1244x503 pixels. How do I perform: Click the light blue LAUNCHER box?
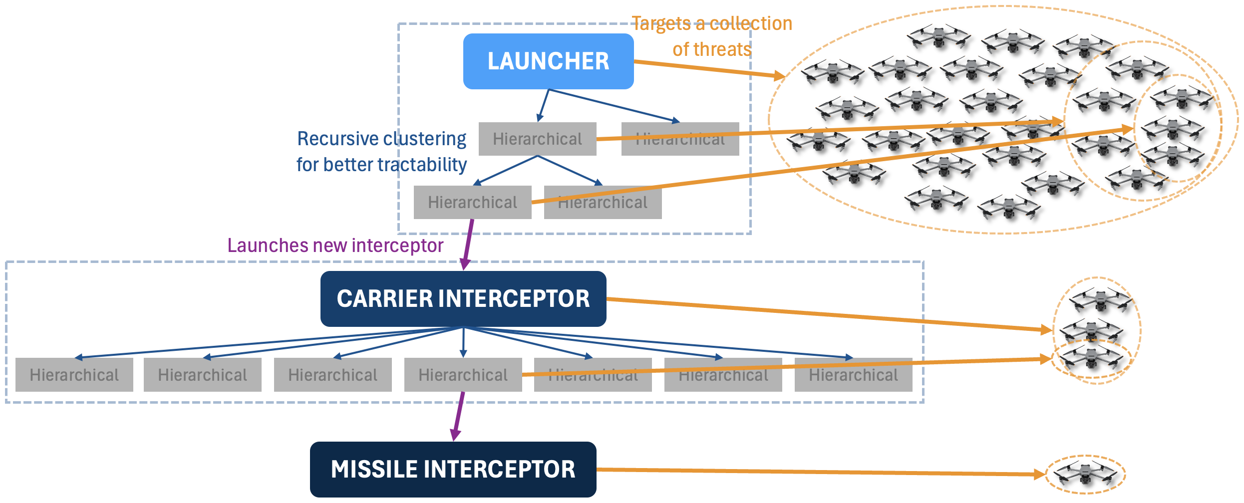(x=548, y=61)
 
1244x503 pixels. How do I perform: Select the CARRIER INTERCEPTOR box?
(x=463, y=298)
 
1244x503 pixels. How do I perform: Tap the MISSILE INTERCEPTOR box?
(x=453, y=469)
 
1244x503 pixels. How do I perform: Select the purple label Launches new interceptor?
(x=335, y=246)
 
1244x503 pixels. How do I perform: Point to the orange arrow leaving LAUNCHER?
(x=709, y=69)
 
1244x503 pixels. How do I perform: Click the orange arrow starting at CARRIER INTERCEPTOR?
(x=829, y=314)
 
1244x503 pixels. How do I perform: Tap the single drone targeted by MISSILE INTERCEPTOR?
(x=1085, y=473)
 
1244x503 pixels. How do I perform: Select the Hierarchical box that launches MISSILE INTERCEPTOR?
(x=463, y=375)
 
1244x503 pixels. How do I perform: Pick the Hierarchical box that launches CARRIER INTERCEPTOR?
(x=472, y=202)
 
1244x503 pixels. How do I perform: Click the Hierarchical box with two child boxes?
(x=537, y=139)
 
